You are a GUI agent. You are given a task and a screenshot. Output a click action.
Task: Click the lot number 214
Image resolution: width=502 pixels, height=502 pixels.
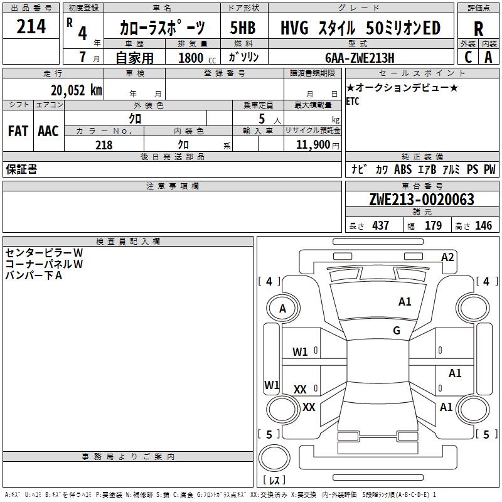tap(31, 26)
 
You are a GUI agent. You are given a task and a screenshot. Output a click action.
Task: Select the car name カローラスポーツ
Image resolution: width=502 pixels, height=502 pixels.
tap(161, 28)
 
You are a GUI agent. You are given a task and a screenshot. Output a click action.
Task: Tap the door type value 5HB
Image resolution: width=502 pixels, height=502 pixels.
tap(243, 28)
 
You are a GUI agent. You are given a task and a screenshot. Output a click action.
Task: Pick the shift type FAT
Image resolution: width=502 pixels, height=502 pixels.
tap(18, 131)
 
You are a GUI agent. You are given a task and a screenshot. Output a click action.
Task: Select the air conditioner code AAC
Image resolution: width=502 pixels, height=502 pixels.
tap(48, 131)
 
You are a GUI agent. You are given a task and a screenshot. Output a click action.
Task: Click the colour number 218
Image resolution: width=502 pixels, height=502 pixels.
tap(104, 145)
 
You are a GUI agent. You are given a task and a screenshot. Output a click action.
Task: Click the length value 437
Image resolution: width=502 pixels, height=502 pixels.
tap(380, 225)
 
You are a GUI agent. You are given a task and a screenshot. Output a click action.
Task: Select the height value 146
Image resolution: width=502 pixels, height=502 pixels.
tap(483, 225)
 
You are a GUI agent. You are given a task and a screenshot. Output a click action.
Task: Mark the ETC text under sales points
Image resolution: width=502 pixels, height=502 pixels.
tap(353, 102)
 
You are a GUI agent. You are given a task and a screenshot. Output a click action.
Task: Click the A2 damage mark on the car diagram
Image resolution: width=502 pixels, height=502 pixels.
tap(447, 257)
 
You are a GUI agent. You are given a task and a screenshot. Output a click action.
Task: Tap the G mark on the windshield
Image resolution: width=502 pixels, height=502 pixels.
tap(397, 331)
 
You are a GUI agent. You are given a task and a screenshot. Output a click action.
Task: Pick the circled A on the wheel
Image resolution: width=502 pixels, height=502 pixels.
tap(282, 308)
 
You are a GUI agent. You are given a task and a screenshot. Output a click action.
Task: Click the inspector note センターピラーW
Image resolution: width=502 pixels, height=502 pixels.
tap(44, 252)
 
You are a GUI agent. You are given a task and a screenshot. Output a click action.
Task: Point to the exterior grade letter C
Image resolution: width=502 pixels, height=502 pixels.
tap(468, 57)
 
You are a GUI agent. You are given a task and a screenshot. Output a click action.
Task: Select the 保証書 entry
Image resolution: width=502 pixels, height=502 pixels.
tap(21, 169)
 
